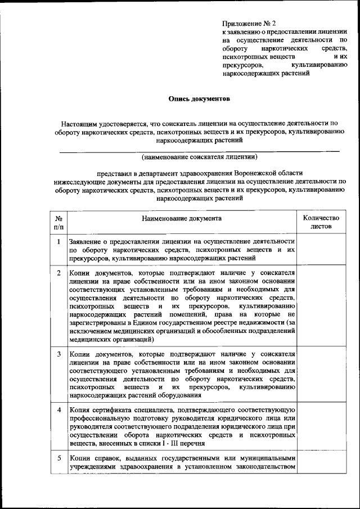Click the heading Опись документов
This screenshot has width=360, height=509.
(200, 98)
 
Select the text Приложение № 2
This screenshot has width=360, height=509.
(249, 23)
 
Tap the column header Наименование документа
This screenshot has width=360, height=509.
(182, 217)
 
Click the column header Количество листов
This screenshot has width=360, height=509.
(321, 222)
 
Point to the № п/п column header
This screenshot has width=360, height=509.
(59, 222)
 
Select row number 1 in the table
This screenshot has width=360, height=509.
(59, 241)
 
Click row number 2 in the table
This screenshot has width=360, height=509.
(59, 273)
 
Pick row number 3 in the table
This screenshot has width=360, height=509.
(59, 354)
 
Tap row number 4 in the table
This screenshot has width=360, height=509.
(59, 409)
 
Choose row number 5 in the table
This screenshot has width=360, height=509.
(59, 457)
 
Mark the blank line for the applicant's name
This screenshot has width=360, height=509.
(200, 150)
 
